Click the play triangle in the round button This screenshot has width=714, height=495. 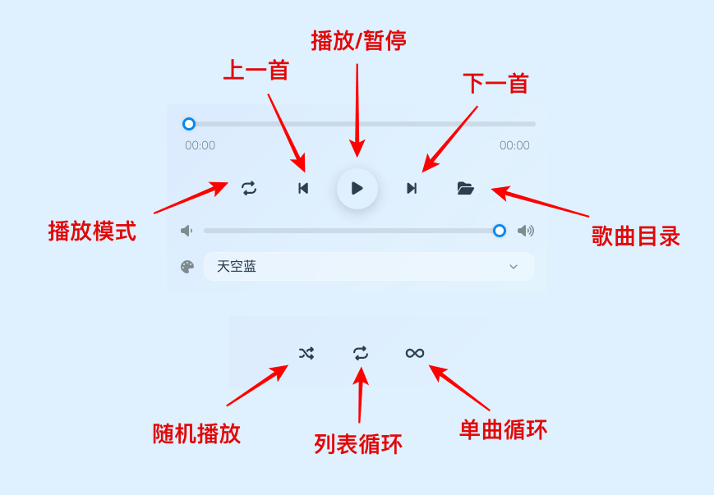357,189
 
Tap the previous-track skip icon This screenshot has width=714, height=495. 303,189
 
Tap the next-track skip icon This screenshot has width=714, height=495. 412,189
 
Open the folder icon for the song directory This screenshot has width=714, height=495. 466,189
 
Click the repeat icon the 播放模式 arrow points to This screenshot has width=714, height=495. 249,189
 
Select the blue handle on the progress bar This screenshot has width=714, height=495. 189,124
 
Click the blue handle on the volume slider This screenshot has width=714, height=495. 500,231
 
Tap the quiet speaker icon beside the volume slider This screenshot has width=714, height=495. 187,231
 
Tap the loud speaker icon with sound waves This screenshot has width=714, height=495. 525,231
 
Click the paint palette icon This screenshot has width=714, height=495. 187,267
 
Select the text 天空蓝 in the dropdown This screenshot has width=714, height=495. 237,267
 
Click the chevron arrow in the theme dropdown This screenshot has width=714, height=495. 514,267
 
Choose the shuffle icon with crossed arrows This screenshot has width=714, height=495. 306,353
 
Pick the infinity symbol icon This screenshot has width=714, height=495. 415,353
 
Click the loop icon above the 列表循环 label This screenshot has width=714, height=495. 361,353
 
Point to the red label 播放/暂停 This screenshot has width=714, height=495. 358,41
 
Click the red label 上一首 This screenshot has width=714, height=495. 256,71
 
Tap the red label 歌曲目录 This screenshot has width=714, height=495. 636,236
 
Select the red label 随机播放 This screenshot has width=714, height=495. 197,433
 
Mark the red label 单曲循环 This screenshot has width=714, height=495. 503,429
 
